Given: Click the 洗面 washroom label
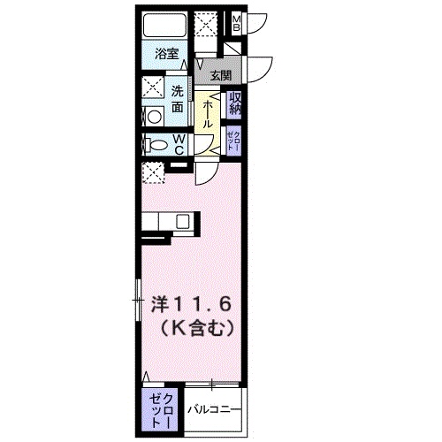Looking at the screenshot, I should pos(178,98).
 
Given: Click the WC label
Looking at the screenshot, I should pos(178,145).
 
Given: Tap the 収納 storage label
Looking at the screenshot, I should pos(236,103).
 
